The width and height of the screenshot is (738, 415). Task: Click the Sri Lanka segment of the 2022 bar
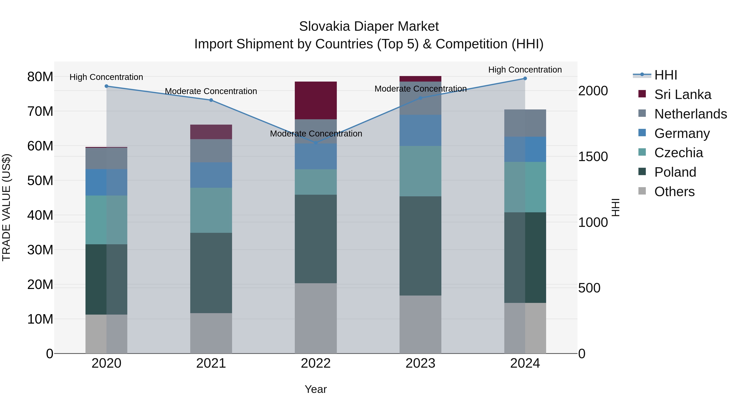tap(316, 100)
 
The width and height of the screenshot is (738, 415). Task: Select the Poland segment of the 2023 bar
tap(420, 246)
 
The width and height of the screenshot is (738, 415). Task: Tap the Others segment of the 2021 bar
tap(211, 333)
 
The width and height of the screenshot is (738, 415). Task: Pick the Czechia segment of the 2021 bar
tap(211, 210)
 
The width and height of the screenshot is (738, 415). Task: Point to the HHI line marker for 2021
tap(211, 100)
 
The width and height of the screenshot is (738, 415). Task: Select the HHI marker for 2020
tap(106, 86)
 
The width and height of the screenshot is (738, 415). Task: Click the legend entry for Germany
tap(682, 133)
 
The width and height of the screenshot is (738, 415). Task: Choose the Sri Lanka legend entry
tap(682, 94)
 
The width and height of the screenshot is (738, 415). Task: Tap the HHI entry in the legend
tap(665, 75)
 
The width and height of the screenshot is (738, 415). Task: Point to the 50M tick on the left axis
tap(40, 180)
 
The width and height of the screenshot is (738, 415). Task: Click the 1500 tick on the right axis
tap(593, 156)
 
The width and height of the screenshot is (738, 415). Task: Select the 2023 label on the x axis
tap(420, 363)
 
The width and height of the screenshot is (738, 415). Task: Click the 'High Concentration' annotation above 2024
tap(525, 70)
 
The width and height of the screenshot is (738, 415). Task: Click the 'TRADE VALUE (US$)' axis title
tap(6, 207)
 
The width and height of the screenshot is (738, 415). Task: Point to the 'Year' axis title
tap(316, 389)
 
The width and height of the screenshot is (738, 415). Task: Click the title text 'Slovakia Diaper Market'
tap(369, 26)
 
